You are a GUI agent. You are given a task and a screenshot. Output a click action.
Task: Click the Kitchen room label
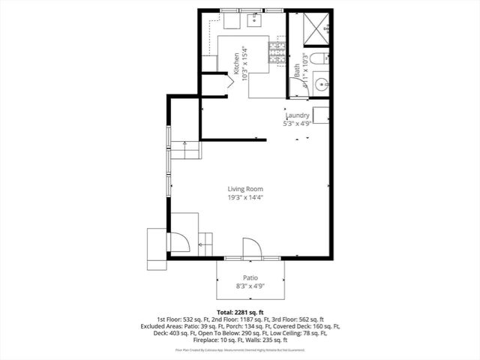pyautogui.click(x=236, y=60)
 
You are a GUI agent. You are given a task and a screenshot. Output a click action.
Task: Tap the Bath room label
pyautogui.click(x=297, y=71)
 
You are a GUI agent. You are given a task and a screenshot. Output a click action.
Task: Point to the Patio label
pyautogui.click(x=250, y=277)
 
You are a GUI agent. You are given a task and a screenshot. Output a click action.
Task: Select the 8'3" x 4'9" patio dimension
pyautogui.click(x=250, y=286)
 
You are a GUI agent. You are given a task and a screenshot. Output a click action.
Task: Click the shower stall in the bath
pyautogui.click(x=317, y=28)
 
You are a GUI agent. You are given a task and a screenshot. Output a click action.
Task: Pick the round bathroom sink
pyautogui.click(x=322, y=83)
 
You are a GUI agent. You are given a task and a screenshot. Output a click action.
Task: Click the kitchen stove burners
pyautogui.click(x=277, y=51)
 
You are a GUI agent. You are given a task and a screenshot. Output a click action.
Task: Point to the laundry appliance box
pyautogui.click(x=321, y=115)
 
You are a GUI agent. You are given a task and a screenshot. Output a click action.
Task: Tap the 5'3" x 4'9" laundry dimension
pyautogui.click(x=297, y=124)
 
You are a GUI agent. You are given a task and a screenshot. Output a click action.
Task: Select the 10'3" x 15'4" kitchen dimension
pyautogui.click(x=245, y=60)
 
